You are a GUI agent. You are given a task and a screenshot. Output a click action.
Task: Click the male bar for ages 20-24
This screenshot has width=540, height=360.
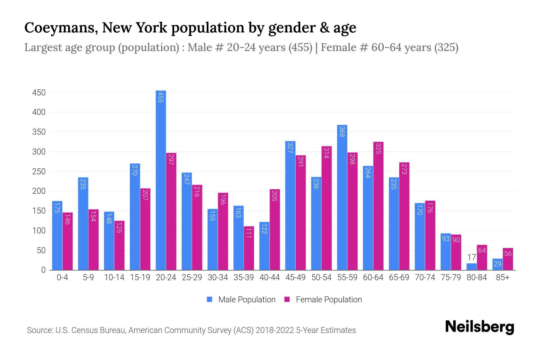point(161,180)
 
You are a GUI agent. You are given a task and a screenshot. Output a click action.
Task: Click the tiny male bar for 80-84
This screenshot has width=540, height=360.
point(471,267)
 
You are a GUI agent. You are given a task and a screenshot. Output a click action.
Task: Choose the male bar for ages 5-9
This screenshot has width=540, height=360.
point(83,223)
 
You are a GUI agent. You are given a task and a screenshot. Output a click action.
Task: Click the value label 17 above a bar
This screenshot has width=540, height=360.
point(471,257)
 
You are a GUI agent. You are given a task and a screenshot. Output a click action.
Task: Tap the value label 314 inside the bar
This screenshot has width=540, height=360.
point(326,153)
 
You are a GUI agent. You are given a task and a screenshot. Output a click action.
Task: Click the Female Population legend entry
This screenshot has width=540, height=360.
point(323,300)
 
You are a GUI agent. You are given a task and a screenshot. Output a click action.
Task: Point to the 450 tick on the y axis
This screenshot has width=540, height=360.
point(39,93)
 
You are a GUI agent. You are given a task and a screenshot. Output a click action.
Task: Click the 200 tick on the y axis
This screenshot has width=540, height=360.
point(39,191)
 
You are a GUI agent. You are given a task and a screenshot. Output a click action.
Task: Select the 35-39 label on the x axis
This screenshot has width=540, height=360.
point(244,277)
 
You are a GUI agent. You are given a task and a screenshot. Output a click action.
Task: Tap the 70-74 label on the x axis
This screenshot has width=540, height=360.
point(425,277)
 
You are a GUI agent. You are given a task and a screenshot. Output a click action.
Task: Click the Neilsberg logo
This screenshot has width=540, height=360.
point(479,327)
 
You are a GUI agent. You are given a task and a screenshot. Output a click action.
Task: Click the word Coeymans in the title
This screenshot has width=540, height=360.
point(60,28)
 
